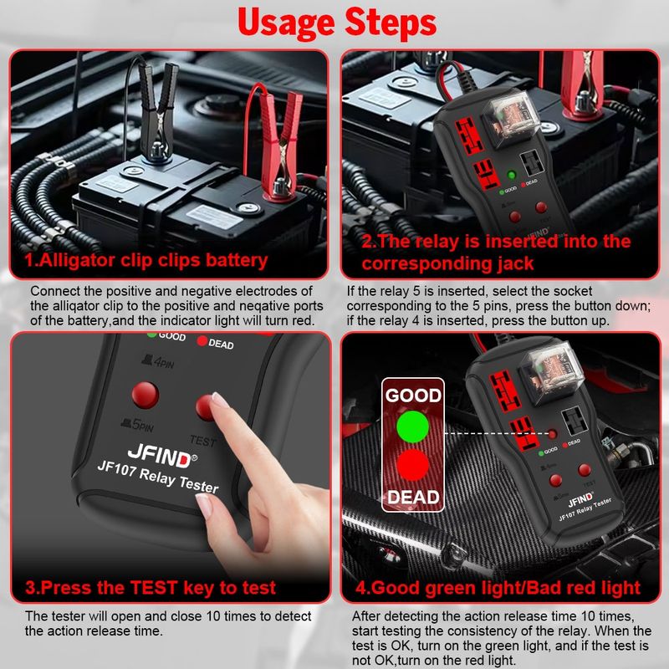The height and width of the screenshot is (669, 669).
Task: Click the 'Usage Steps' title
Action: pyautogui.click(x=334, y=23)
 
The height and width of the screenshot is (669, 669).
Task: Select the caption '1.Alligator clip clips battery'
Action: pyautogui.click(x=146, y=260)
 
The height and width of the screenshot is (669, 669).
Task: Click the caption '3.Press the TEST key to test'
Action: pyautogui.click(x=151, y=587)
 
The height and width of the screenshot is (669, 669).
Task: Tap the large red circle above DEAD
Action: pyautogui.click(x=412, y=465)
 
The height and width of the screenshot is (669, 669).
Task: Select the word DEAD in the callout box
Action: pyautogui.click(x=412, y=498)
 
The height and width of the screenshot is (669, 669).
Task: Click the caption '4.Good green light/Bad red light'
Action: pyautogui.click(x=498, y=587)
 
